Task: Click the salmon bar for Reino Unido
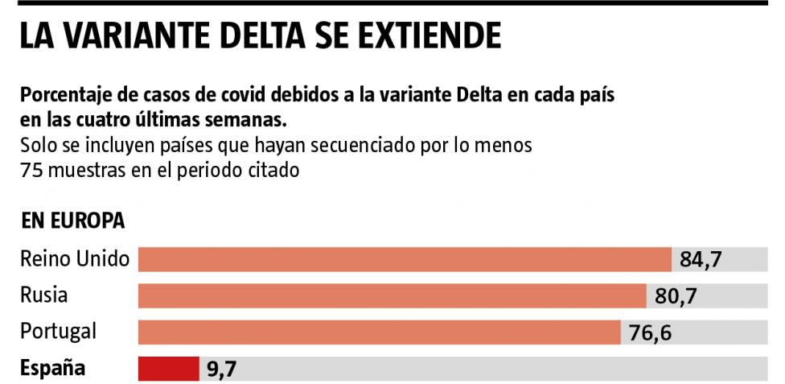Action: coord(405,259)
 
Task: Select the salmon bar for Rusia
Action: coord(392,295)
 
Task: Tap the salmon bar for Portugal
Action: coord(380,332)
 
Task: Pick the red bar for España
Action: coord(169,369)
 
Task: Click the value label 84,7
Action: coord(701,260)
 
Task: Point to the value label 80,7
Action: coord(676,296)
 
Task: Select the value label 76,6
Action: coord(651,332)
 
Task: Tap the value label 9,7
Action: coord(220,370)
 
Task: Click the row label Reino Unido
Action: coord(75,259)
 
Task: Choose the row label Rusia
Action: coord(43,295)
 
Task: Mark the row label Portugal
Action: coord(58,332)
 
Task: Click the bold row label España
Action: coord(52,369)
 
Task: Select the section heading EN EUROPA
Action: coord(72,221)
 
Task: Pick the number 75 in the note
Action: coord(30,171)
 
